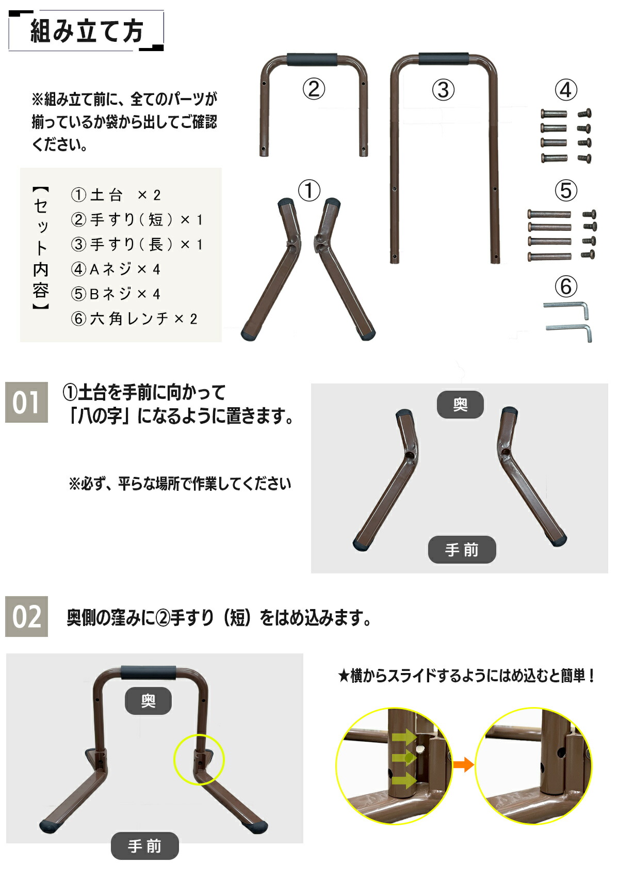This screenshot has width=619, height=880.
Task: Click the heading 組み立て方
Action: (x=87, y=31)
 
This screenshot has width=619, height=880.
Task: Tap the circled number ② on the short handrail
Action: (x=314, y=89)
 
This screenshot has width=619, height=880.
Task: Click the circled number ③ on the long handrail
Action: (x=443, y=90)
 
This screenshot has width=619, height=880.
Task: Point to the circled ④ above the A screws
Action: (x=565, y=90)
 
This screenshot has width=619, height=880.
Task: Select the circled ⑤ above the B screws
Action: (x=565, y=190)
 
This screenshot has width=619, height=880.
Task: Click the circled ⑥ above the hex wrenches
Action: (x=565, y=286)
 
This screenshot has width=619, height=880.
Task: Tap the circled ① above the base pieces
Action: (x=309, y=190)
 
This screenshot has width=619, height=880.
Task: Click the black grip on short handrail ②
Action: (x=313, y=59)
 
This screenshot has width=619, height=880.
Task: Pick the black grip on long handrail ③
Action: (x=443, y=58)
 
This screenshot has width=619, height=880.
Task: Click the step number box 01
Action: (x=26, y=403)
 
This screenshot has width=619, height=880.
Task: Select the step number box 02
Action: (x=26, y=616)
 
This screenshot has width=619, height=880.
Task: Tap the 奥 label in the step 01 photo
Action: (x=460, y=405)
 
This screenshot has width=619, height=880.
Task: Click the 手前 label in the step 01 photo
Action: (x=462, y=550)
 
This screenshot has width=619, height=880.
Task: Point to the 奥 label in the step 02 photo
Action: (x=148, y=700)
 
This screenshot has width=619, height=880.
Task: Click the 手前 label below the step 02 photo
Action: (x=144, y=846)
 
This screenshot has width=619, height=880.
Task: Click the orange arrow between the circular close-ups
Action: (x=463, y=764)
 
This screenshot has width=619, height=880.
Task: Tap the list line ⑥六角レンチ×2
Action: (x=134, y=319)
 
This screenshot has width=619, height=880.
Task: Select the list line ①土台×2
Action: (x=116, y=195)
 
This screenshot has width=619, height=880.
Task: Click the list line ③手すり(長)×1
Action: (x=137, y=244)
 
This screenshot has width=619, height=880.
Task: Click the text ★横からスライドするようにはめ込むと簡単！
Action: (x=467, y=676)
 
